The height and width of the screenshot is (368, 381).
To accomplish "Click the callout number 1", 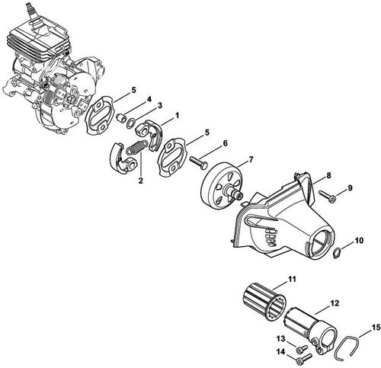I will tap(177, 115).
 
